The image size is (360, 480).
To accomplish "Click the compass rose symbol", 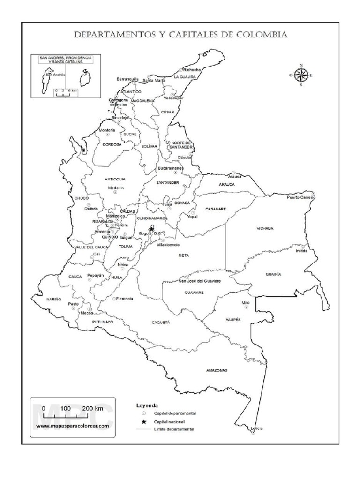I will pyautogui.click(x=301, y=75).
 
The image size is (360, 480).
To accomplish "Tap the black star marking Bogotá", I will pyautogui.click(x=151, y=229).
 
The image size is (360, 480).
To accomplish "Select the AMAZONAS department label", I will pyautogui.click(x=217, y=370).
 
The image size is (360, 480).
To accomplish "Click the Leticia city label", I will pyautogui.click(x=256, y=429).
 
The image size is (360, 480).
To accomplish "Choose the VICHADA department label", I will pyautogui.click(x=264, y=229).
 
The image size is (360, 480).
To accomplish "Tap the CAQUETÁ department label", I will pyautogui.click(x=161, y=322).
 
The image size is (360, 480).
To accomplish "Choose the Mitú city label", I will pyautogui.click(x=246, y=303).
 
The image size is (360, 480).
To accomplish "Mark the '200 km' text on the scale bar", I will pyautogui.click(x=92, y=408).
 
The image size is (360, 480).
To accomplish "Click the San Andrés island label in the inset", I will pyautogui.click(x=46, y=74).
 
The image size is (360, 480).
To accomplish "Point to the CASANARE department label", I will pyautogui.click(x=216, y=209).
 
